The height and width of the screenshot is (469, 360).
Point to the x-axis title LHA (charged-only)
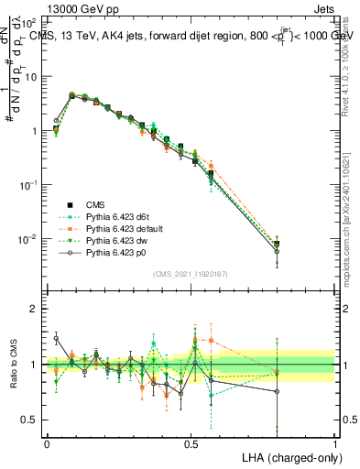289,456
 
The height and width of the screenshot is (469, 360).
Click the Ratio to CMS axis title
12,365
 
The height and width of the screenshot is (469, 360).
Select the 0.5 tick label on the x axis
191,442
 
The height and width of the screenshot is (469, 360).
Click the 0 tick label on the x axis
47,442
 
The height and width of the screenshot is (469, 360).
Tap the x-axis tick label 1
334,442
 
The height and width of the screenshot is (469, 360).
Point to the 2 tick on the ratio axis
32,310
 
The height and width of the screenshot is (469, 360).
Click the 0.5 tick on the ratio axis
28,420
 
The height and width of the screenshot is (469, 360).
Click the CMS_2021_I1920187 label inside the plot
191,273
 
